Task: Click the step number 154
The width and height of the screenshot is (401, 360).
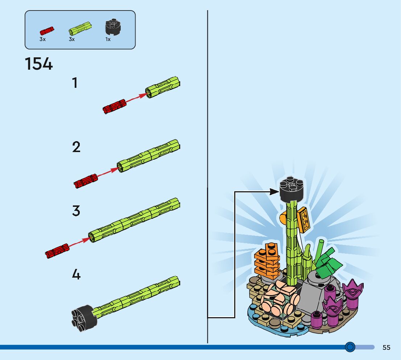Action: (x=39, y=64)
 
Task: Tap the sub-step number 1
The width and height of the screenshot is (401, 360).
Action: (x=75, y=83)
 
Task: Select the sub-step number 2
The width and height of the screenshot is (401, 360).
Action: (x=76, y=147)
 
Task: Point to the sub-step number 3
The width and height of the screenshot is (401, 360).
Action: (x=76, y=211)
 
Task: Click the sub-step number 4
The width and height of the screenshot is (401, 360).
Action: (x=76, y=274)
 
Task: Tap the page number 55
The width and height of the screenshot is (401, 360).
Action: (x=386, y=348)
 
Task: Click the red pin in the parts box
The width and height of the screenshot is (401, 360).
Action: (x=47, y=30)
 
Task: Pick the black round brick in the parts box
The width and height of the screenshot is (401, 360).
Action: (x=113, y=26)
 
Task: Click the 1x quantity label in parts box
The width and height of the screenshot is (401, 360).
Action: (x=108, y=39)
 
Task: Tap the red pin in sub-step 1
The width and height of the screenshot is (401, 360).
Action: (x=114, y=106)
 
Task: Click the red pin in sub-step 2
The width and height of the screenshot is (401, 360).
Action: (x=86, y=181)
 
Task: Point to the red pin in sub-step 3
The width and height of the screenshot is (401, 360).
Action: (x=57, y=251)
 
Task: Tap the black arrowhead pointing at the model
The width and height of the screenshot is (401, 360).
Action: (x=274, y=191)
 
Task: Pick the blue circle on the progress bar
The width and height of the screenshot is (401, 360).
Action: (x=350, y=347)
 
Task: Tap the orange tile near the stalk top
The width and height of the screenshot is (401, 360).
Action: (x=304, y=220)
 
